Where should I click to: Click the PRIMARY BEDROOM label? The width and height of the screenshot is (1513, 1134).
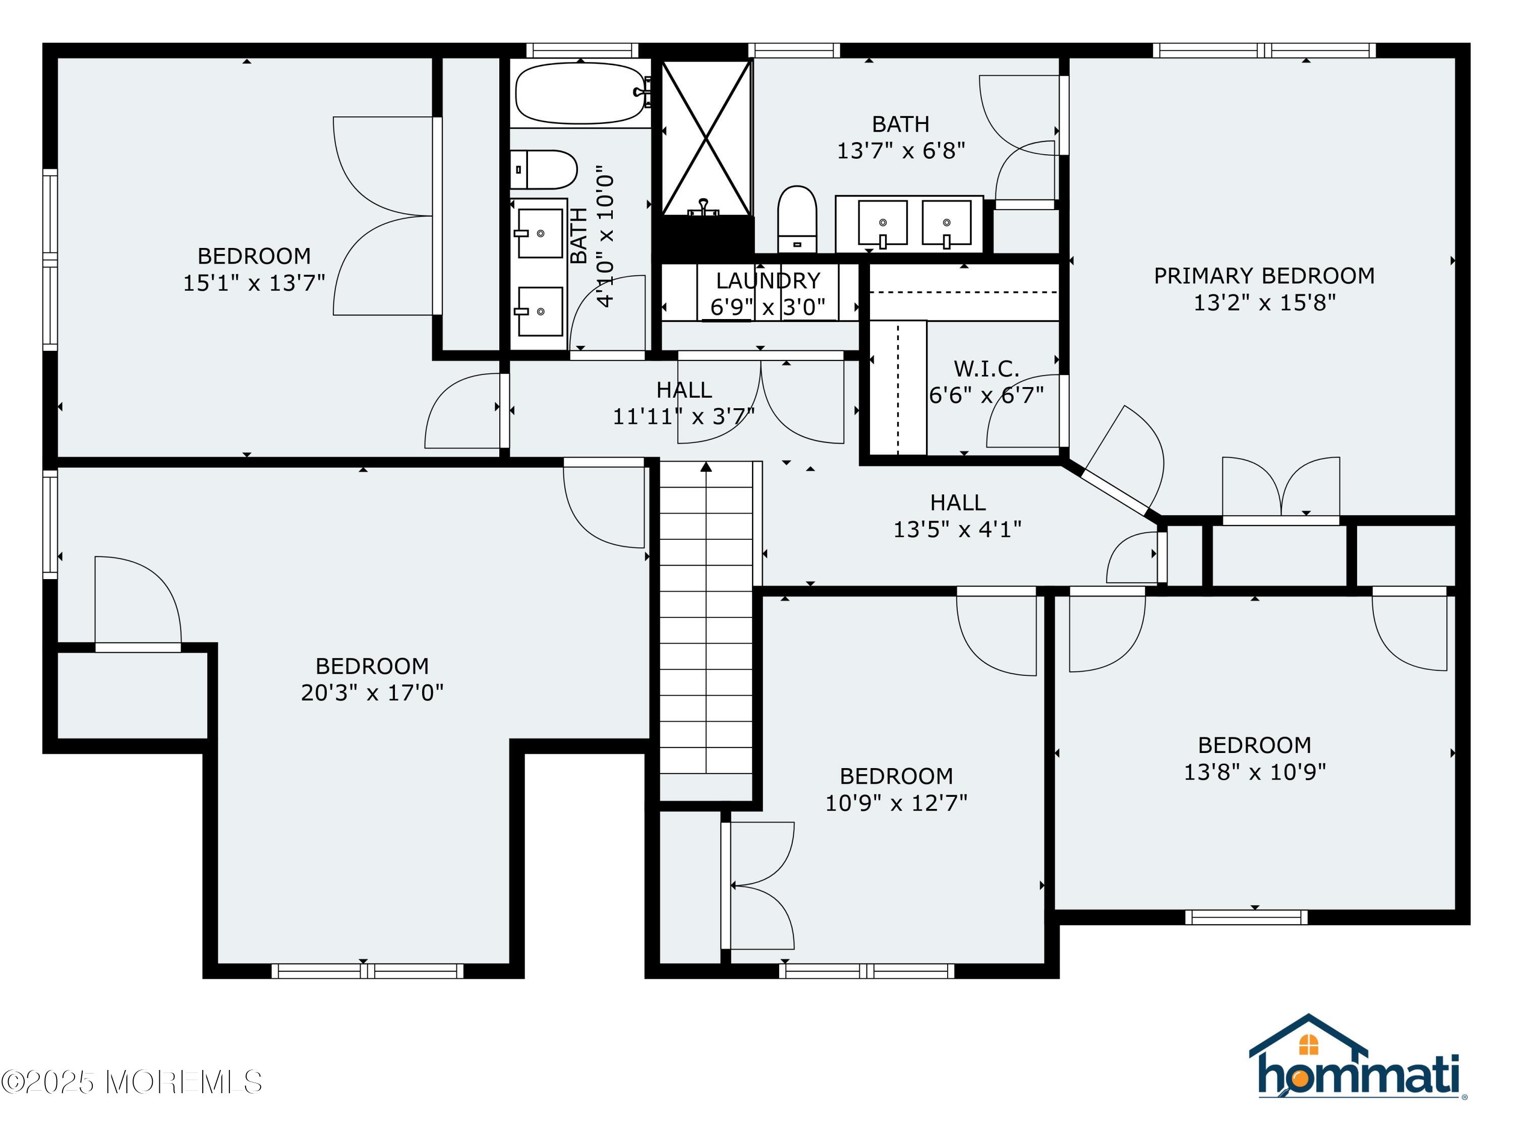click(x=1264, y=276)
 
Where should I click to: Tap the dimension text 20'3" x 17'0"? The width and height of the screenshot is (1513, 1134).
click(x=372, y=692)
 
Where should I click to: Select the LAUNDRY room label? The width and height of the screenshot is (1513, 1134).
click(x=768, y=280)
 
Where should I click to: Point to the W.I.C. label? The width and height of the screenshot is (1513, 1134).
click(x=986, y=369)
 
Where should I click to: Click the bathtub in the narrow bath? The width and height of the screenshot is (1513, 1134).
click(x=580, y=93)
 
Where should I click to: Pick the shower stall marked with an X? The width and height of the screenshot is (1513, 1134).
click(x=707, y=139)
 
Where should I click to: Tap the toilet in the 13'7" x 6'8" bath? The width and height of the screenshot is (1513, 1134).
click(x=797, y=219)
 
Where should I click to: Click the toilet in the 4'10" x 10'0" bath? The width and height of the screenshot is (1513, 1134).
click(x=544, y=169)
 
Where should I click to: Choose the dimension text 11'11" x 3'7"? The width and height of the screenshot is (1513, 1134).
click(x=683, y=416)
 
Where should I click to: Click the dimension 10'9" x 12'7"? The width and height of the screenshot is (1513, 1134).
click(x=896, y=802)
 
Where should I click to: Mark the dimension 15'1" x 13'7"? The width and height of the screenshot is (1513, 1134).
click(x=254, y=283)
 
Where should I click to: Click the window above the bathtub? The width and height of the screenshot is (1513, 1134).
click(x=582, y=50)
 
